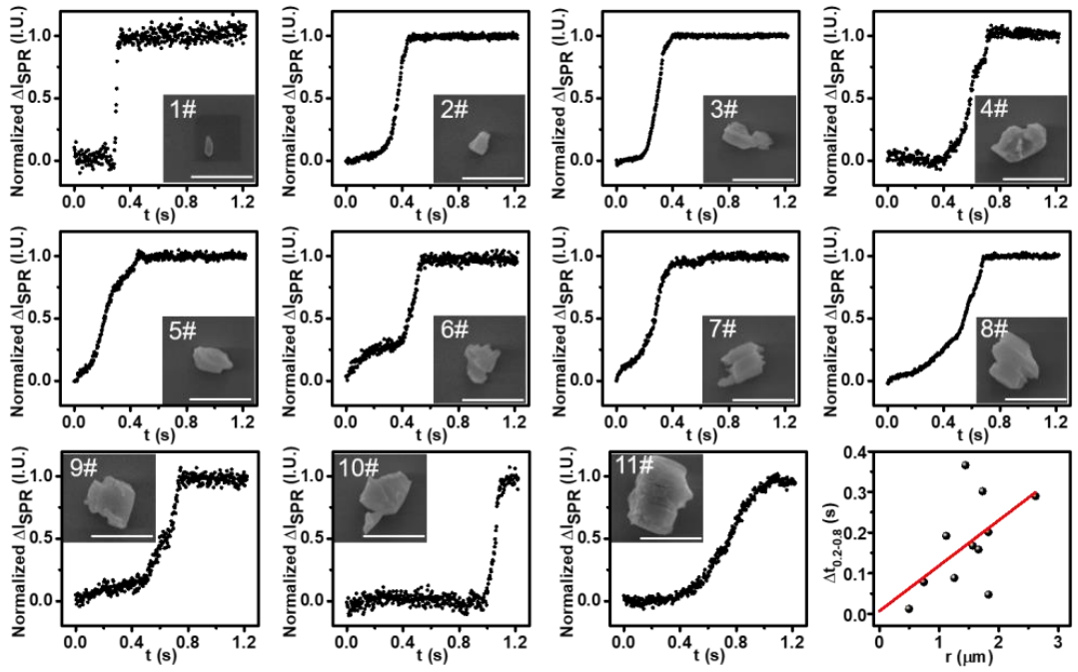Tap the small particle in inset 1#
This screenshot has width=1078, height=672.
pyautogui.click(x=210, y=147)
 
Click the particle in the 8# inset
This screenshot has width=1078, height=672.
pyautogui.click(x=1011, y=365)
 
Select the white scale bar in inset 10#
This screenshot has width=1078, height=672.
pyautogui.click(x=383, y=537)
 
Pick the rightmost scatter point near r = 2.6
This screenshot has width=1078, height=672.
pyautogui.click(x=1035, y=495)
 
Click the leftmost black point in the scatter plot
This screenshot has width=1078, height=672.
pyautogui.click(x=908, y=608)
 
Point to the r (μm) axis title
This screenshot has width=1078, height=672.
pyautogui.click(x=962, y=659)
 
